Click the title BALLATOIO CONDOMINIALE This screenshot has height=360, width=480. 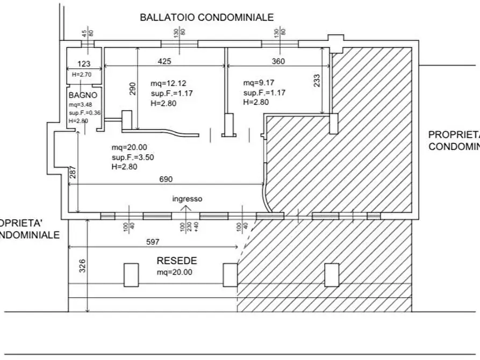207,17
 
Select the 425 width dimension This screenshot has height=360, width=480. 164,61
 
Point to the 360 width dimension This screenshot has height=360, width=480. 278,61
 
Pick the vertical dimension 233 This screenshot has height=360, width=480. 317,80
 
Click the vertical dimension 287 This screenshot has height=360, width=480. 74,172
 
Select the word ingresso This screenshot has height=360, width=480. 187,199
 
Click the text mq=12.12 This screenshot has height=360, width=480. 168,83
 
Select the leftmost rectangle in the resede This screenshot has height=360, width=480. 131,275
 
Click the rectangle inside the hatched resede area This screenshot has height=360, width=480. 332,275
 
